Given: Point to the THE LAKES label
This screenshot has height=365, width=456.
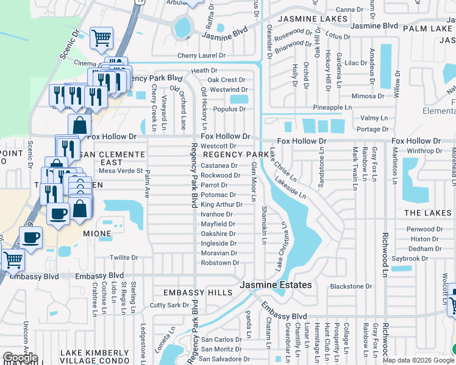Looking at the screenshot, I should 427,213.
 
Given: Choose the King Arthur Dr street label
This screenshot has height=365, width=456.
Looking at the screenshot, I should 221,205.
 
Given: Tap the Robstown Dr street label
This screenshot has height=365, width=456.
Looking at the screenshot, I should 220,263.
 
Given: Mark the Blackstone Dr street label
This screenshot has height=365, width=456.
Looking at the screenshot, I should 351,287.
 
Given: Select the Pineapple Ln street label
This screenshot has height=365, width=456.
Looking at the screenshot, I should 332,108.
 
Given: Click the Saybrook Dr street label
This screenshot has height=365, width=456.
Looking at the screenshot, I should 410,259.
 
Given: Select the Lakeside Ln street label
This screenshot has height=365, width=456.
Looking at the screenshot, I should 290,189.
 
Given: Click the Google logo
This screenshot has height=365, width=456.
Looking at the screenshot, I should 20,358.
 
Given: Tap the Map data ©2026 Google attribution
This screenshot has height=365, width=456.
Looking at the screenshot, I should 418,360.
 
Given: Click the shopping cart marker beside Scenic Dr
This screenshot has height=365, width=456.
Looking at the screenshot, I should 101,38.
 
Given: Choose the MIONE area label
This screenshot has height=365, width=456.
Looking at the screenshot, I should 97,234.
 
